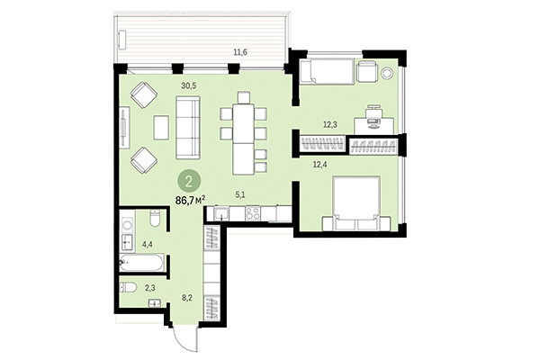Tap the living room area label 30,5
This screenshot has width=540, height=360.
click(188, 86)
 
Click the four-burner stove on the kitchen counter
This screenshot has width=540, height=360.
click(253, 214)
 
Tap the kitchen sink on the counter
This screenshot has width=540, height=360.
click(220, 214)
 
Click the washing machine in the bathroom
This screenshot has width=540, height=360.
click(127, 221)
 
